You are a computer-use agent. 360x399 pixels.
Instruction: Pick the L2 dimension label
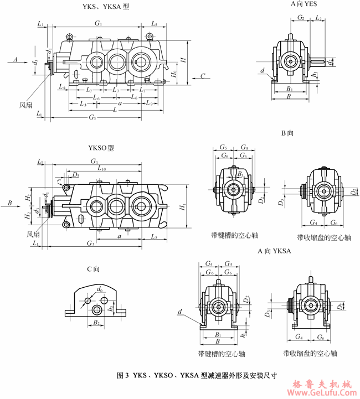pos(320,18)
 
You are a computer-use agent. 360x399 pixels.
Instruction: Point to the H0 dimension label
pos(174,73)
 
